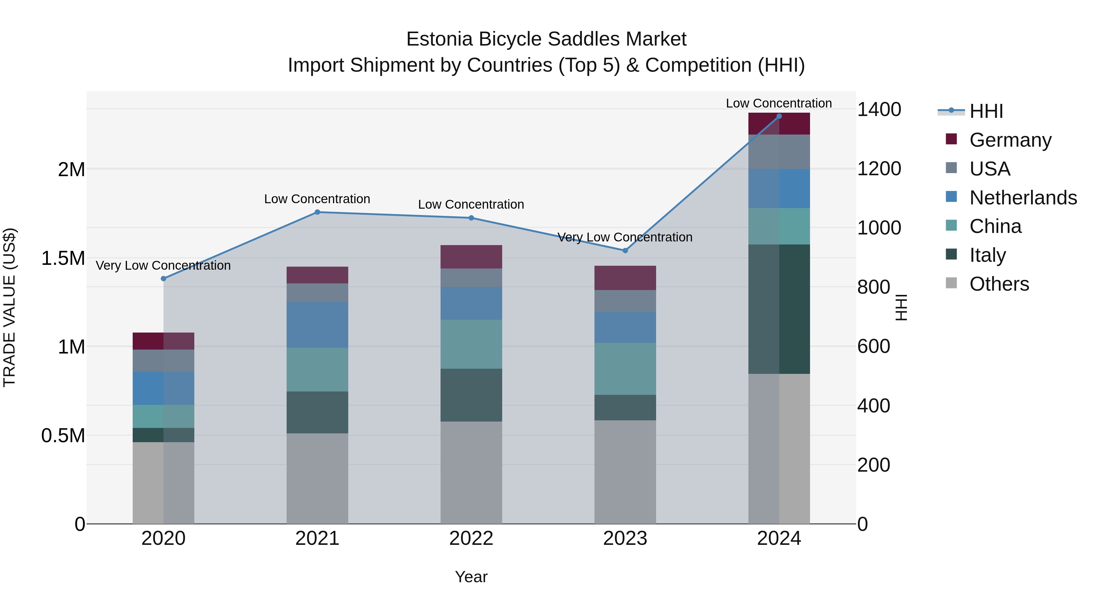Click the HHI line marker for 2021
click(317, 212)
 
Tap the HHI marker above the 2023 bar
click(625, 251)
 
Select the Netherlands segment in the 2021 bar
click(317, 325)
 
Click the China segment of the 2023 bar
click(625, 369)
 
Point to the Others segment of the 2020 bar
click(163, 483)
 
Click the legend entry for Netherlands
click(1023, 198)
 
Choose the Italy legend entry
click(987, 255)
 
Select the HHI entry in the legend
click(986, 111)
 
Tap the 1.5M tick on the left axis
click(63, 258)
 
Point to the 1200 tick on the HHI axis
click(879, 169)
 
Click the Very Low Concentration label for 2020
click(163, 266)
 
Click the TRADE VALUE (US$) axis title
click(9, 307)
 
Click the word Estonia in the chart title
click(439, 39)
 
